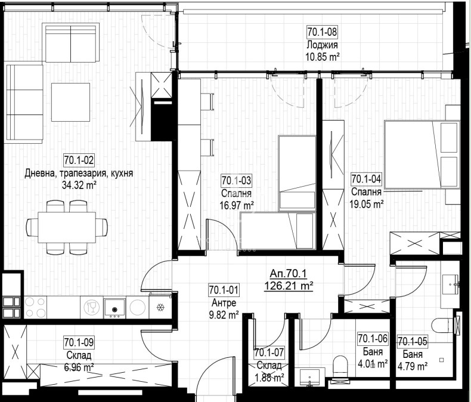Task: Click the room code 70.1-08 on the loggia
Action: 322,32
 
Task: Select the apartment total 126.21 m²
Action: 289,286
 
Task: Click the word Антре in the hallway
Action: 224,302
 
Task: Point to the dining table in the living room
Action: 67,227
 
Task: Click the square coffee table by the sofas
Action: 70,102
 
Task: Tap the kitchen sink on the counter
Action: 114,308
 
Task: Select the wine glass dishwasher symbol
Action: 92,308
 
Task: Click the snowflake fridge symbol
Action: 161,307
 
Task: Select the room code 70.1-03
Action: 237,180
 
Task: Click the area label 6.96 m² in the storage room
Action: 79,367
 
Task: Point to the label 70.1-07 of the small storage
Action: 269,352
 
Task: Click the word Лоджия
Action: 322,45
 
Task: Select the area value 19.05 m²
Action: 366,205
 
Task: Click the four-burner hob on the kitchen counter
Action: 35,308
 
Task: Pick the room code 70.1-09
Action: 79,342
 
